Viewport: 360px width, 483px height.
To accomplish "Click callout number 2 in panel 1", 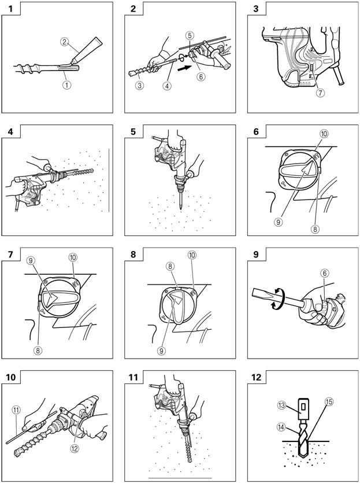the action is [x=65, y=42].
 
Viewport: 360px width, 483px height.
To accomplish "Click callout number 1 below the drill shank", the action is [x=66, y=84].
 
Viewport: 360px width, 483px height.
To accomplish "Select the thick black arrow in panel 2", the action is [x=184, y=68].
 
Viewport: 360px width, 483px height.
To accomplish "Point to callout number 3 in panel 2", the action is [x=139, y=86].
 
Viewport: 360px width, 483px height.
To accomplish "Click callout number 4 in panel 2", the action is [x=166, y=86].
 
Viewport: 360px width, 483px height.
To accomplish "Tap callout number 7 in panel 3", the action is [x=320, y=93].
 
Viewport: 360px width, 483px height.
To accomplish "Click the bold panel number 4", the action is [x=11, y=132].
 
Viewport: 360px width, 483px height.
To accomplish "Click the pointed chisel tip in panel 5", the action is [x=180, y=207].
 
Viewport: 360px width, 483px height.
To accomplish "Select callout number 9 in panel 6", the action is [x=278, y=222].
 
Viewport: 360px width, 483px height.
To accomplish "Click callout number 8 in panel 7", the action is [x=39, y=350].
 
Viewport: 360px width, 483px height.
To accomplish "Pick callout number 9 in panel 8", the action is [x=160, y=349].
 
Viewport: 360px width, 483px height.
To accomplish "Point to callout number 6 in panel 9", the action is [x=323, y=273].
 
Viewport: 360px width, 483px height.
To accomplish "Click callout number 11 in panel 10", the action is [x=16, y=410].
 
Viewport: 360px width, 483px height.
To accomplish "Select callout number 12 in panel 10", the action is [x=75, y=448].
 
